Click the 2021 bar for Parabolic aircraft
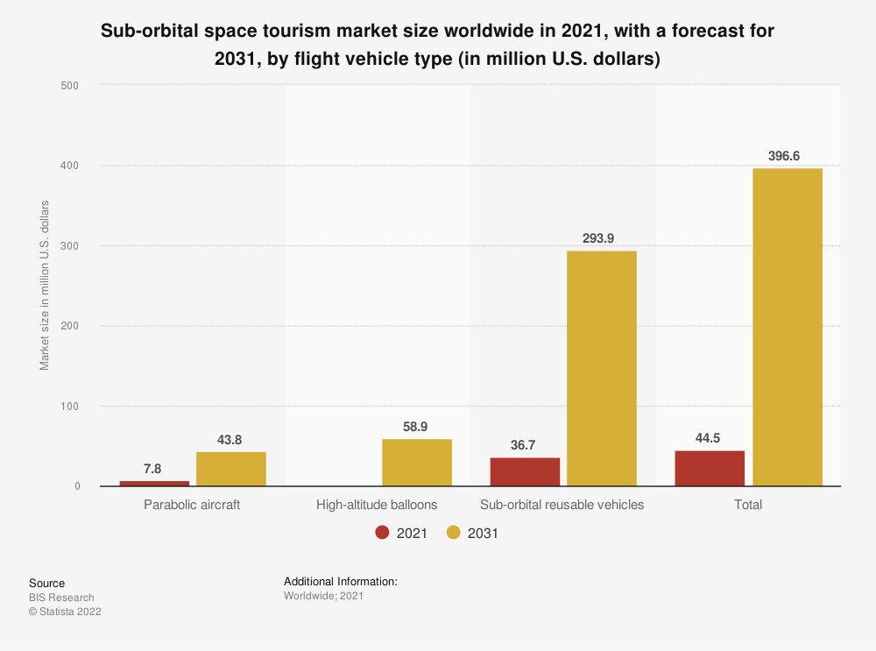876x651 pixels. point(154,483)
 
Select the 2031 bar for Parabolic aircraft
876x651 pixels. point(230,469)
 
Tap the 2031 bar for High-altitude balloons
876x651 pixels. point(416,463)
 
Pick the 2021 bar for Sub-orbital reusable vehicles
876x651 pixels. point(525,471)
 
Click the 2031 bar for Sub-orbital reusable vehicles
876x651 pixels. point(602,368)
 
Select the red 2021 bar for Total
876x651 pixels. point(710,468)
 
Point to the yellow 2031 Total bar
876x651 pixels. point(788,327)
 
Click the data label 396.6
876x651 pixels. point(788,155)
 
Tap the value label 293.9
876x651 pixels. point(602,237)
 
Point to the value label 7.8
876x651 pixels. point(154,468)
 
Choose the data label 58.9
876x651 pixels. point(416,426)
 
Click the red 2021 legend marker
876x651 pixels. point(382,533)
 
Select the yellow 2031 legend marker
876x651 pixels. point(454,533)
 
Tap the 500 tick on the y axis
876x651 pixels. point(70,85)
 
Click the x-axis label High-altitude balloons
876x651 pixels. point(376,505)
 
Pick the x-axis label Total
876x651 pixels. point(748,505)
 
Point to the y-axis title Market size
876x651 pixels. point(45,286)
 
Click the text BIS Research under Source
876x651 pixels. point(61,598)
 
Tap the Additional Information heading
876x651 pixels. point(341,581)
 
